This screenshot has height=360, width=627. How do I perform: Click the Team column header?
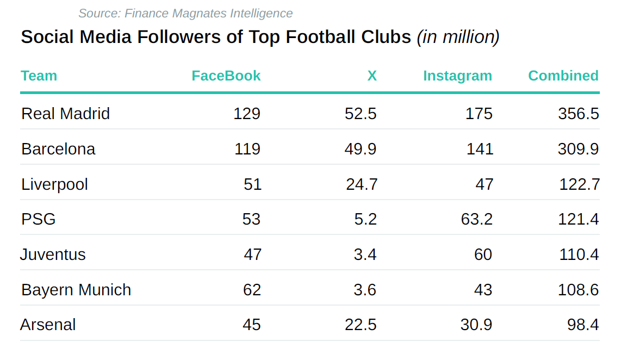coord(39,76)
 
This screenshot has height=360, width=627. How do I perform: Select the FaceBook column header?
coord(226,76)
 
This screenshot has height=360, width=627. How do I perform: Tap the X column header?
coord(372,76)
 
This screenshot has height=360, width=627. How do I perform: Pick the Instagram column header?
coord(457,76)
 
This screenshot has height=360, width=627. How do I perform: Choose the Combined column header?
coord(563,76)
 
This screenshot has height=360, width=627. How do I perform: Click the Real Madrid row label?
coord(65,113)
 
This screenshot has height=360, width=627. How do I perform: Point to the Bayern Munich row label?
coord(76,289)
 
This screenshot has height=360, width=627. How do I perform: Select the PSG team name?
coord(39,219)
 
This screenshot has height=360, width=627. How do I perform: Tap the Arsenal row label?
coord(48,325)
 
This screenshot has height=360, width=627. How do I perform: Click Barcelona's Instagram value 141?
coord(480,148)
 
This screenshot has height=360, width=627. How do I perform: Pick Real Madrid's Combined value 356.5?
coord(578,113)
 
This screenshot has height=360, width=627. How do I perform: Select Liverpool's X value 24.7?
coord(362,184)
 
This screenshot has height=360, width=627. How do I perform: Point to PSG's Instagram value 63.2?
coord(476,219)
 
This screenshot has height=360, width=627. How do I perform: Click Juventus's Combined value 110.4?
coord(579,254)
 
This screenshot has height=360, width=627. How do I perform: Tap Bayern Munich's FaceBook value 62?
coord(252,289)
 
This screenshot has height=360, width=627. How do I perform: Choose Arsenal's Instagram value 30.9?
coord(476,325)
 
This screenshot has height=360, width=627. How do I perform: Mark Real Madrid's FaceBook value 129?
coord(247,113)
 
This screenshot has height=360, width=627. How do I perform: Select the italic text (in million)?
coord(458,36)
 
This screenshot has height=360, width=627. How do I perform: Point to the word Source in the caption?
coord(97,13)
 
